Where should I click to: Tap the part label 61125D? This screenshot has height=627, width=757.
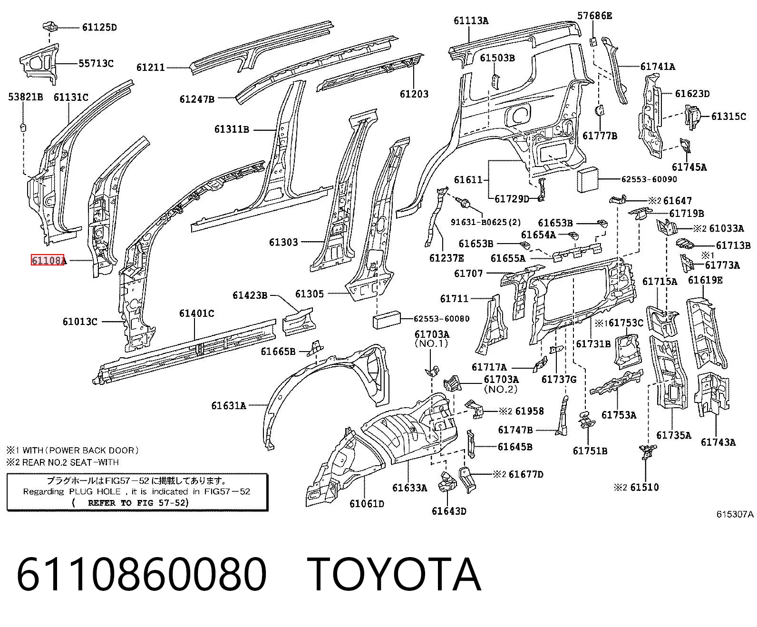(x=99, y=28)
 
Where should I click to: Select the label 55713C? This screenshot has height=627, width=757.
(x=96, y=63)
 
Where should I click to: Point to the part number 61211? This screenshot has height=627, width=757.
(x=151, y=68)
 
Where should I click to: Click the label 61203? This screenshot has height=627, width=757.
(x=414, y=94)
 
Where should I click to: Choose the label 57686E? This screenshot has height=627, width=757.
(x=594, y=16)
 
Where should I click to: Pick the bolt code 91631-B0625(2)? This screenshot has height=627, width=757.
(x=486, y=222)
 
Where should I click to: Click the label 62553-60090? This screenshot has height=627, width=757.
(x=649, y=179)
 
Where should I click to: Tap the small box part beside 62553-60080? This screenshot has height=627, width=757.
(x=387, y=320)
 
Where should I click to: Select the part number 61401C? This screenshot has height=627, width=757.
(x=197, y=313)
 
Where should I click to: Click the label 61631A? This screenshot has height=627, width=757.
(x=229, y=405)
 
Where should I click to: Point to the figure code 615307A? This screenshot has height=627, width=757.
(x=735, y=514)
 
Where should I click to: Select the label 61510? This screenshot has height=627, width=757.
(x=644, y=487)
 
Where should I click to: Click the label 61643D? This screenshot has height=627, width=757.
(x=449, y=511)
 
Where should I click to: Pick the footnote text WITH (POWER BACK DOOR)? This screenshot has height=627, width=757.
(x=80, y=451)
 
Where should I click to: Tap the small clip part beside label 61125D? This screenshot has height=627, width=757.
(x=50, y=26)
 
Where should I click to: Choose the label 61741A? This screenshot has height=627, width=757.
(x=658, y=67)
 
